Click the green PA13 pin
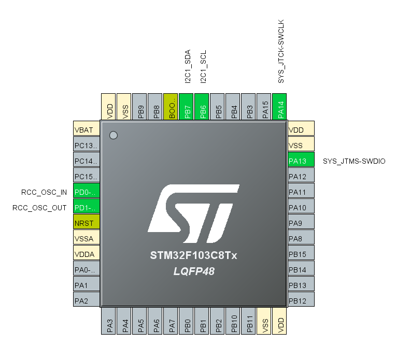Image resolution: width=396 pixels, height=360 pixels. click(x=301, y=161)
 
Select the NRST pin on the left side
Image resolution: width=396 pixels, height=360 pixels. click(x=86, y=223)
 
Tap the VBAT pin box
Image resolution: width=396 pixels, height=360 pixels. click(x=86, y=129)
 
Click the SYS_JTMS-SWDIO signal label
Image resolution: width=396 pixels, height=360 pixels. click(x=354, y=161)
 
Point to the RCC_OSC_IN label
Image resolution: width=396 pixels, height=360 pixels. click(x=44, y=192)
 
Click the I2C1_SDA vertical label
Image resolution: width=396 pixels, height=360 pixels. click(x=188, y=66)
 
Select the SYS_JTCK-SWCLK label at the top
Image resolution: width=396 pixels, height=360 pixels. click(x=281, y=52)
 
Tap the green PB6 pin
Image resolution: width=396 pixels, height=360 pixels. click(x=203, y=107)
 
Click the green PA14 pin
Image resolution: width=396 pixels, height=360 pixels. click(x=280, y=107)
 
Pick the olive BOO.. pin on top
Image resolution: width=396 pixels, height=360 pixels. click(x=172, y=107)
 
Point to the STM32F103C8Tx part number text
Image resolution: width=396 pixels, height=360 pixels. click(x=194, y=256)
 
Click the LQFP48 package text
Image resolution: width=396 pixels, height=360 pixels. click(x=194, y=271)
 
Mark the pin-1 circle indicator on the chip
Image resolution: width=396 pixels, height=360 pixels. click(x=113, y=135)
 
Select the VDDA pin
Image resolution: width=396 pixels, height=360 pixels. click(x=86, y=254)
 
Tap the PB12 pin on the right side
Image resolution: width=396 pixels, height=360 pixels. click(x=301, y=300)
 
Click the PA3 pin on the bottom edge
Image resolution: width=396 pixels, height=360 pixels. click(x=109, y=322)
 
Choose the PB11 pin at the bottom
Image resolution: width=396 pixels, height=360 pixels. click(x=249, y=322)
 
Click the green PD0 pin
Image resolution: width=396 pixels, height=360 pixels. click(x=86, y=192)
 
